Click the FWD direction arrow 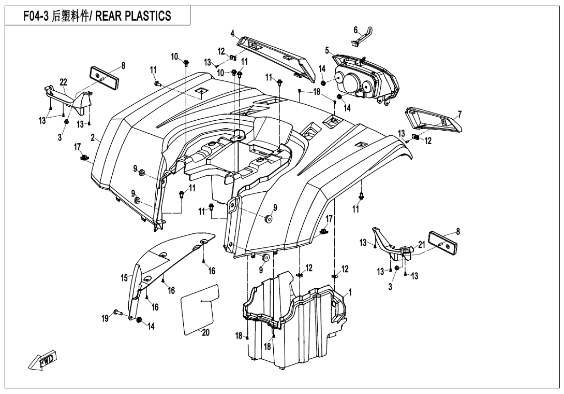tap(43, 361)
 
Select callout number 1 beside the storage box tap(350, 292)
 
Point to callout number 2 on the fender tap(93, 138)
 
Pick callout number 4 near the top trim tap(233, 34)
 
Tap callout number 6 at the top tap(356, 30)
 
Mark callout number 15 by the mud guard tap(124, 278)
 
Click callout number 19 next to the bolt tap(105, 318)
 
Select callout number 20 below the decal tap(205, 333)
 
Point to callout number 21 tap(421, 244)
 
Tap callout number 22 tap(64, 82)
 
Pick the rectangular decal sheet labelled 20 tap(199, 306)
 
